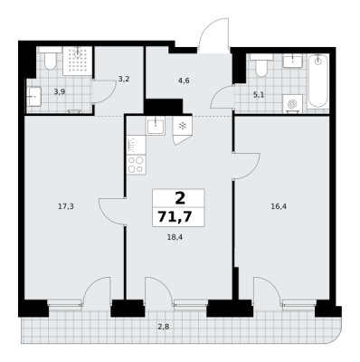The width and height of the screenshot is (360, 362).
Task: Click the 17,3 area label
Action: click(66, 206)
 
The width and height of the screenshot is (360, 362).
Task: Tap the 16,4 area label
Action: click(279, 206)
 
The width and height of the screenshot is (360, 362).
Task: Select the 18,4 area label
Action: click(175, 237)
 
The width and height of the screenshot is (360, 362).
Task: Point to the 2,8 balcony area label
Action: click(163, 326)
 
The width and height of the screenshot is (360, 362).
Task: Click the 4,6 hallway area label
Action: click(184, 81)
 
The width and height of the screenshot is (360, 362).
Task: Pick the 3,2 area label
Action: click(124, 80)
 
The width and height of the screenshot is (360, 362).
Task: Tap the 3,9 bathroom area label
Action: click(60, 91)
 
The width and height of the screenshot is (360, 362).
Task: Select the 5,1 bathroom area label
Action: click(259, 95)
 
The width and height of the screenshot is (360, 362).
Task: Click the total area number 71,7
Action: click(175, 216)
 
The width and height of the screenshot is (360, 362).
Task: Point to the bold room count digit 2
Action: click(180, 198)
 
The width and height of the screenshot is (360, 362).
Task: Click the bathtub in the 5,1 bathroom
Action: click(317, 81)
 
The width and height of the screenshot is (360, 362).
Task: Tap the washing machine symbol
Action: click(292, 104)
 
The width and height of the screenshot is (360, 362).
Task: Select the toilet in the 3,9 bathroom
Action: click(50, 57)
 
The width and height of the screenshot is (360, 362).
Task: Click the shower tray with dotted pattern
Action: click(77, 61)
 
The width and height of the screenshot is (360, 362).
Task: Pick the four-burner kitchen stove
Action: click(136, 165)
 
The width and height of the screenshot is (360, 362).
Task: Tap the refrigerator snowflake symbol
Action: click(182, 126)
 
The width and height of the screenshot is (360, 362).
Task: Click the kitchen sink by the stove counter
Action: click(156, 126)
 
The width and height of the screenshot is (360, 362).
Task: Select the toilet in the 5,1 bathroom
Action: click(261, 65)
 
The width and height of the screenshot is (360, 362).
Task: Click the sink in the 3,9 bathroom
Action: click(33, 97)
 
